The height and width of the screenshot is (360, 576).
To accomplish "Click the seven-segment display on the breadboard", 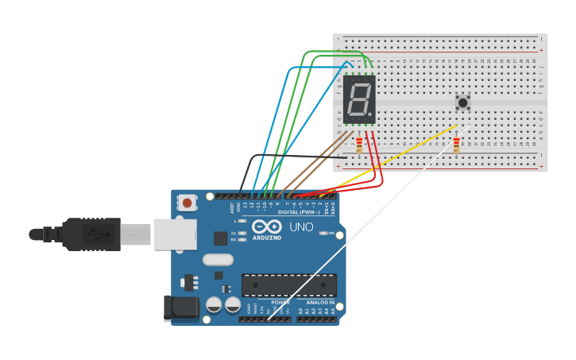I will pyautogui.click(x=359, y=99).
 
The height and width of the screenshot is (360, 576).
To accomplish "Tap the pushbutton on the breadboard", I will pyautogui.click(x=462, y=102).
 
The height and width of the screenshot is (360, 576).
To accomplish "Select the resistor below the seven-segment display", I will pyautogui.click(x=359, y=145).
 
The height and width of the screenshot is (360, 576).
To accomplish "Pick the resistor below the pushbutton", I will pyautogui.click(x=456, y=144).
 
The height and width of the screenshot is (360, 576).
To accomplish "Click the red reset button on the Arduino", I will pyautogui.click(x=187, y=203).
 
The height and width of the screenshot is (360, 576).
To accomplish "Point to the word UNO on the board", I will pyautogui.click(x=300, y=227).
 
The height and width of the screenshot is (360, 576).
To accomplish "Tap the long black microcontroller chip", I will pyautogui.click(x=288, y=285).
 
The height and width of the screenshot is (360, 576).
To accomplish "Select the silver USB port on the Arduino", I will pyautogui.click(x=175, y=234).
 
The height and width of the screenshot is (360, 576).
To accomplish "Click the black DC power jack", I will pyautogui.click(x=180, y=308).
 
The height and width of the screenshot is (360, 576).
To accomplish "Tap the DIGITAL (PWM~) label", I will pyautogui.click(x=299, y=212).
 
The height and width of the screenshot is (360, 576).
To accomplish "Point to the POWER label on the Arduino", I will pyautogui.click(x=280, y=303).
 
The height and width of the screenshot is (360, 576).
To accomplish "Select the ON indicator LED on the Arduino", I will pyautogui.click(x=322, y=233).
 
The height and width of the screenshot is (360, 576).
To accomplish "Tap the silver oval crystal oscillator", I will pyautogui.click(x=218, y=259).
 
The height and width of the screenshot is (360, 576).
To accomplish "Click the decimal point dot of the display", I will pyautogui.click(x=369, y=114).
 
